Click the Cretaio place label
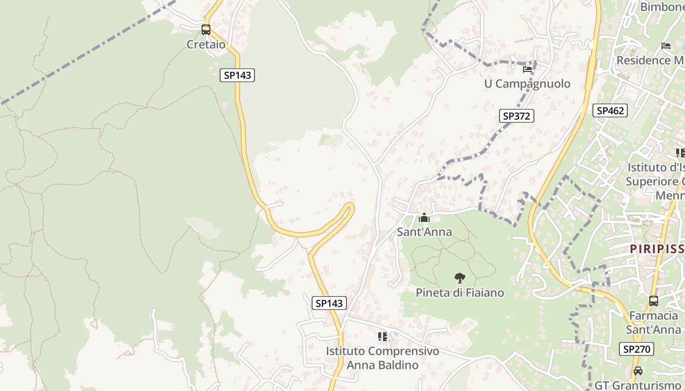(206, 44)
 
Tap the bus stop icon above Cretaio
(206, 30)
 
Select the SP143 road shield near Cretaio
(237, 75)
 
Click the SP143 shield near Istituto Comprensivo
(329, 303)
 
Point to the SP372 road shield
(516, 116)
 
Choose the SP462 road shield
(611, 110)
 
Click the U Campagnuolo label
(527, 84)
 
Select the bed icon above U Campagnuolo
(527, 69)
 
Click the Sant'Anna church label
(424, 232)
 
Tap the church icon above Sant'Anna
(424, 218)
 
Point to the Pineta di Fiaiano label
(459, 293)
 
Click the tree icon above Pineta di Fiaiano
(459, 279)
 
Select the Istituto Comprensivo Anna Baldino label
(383, 358)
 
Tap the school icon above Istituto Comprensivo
(383, 337)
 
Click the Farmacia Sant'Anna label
(653, 322)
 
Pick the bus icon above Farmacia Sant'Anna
(653, 301)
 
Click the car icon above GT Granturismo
(638, 371)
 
